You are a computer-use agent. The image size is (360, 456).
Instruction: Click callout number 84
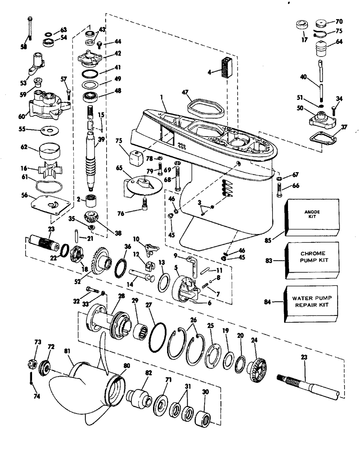pyautogui.click(x=267, y=302)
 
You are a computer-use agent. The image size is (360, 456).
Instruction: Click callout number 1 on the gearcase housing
pyautogui.click(x=162, y=97)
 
